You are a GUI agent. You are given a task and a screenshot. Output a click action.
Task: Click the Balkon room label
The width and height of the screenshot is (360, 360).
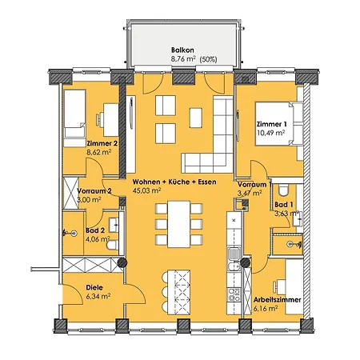click(182, 50)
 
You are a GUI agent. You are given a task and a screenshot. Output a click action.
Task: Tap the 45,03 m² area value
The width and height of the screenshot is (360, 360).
click(146, 190)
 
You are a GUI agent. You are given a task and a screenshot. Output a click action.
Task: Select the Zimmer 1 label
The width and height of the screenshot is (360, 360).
click(272, 124)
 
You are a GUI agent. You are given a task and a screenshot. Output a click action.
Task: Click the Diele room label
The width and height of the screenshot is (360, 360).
click(94, 287)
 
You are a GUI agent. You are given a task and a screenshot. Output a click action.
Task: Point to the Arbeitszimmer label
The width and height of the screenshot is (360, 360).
click(278, 300)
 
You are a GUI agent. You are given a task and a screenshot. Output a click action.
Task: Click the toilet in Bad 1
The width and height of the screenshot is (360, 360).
click(283, 190)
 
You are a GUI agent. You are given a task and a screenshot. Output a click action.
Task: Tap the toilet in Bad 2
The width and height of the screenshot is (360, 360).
click(113, 245)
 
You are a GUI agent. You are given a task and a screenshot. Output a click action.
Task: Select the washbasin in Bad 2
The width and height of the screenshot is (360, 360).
click(114, 225)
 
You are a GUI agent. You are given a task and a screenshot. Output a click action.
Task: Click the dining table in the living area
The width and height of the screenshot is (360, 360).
click(179, 224)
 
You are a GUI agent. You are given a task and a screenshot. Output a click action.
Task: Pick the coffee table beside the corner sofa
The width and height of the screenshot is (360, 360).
click(196, 118)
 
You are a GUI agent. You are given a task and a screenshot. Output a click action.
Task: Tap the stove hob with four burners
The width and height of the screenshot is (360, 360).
click(234, 294)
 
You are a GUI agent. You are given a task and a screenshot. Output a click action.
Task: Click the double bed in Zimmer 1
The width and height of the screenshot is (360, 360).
click(279, 124)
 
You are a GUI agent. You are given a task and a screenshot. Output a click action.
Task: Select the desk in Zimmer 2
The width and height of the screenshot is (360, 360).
click(111, 120)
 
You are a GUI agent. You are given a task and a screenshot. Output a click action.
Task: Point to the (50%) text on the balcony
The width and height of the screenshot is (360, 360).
click(208, 59)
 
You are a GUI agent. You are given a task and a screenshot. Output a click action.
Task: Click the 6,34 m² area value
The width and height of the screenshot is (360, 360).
click(98, 296)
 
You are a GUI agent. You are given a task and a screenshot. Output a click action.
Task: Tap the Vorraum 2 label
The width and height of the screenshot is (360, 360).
click(94, 191)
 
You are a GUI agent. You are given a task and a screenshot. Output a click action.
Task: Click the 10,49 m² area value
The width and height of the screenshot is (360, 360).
click(270, 133)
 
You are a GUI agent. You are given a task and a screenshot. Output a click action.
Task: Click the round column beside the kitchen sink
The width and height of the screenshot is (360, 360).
click(245, 262)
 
